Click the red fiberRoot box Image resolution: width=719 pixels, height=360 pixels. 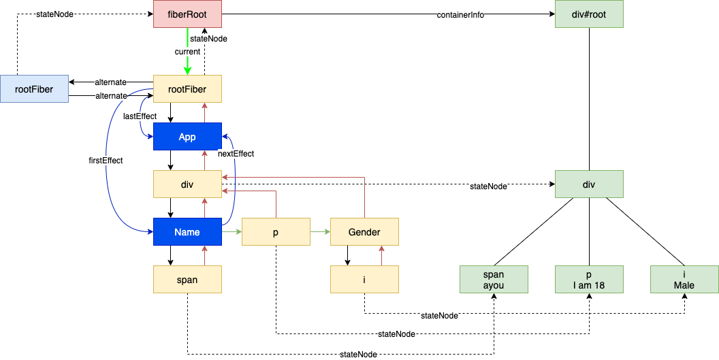187,14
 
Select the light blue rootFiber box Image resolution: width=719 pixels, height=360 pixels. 35,88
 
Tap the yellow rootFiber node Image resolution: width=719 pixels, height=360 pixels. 187,88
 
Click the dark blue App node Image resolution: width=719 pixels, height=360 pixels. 187,137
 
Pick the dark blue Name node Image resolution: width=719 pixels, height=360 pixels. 187,232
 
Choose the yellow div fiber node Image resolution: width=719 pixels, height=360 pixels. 187,184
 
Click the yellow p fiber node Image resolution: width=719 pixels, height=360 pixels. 276,232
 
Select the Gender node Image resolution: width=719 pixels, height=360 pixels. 364,232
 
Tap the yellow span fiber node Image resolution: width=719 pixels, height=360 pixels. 187,280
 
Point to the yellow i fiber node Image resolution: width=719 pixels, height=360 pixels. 364,280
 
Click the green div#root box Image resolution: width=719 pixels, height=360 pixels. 589,14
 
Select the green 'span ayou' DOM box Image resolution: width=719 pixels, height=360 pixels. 494,280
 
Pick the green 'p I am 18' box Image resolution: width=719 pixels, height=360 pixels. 589,280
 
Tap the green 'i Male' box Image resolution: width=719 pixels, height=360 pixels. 684,280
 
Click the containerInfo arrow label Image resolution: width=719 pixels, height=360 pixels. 460,15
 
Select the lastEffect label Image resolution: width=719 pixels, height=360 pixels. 140,116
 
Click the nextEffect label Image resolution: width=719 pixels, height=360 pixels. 236,154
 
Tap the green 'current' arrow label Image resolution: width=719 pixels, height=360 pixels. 187,52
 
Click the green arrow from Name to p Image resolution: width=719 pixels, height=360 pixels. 231,232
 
